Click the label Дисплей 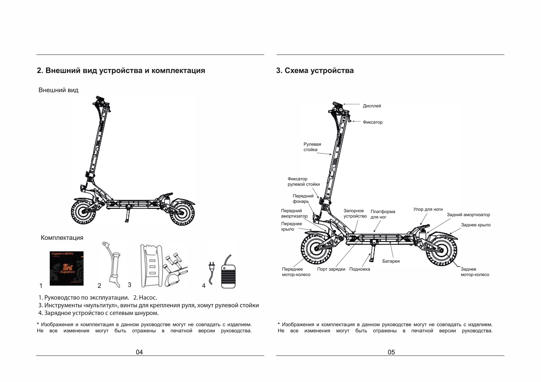click(x=372, y=106)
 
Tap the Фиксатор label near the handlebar click(x=373, y=122)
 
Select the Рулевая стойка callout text click(x=312, y=147)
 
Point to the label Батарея click(x=391, y=261)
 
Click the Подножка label click(x=360, y=269)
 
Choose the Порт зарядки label click(x=331, y=269)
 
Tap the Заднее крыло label click(x=476, y=225)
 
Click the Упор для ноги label click(x=428, y=209)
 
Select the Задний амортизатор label click(x=468, y=215)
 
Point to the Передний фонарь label click(x=303, y=199)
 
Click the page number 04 click(x=139, y=352)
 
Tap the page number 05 click(x=391, y=352)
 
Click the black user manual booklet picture click(x=66, y=268)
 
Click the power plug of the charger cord click(x=211, y=266)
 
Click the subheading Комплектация click(x=62, y=238)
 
